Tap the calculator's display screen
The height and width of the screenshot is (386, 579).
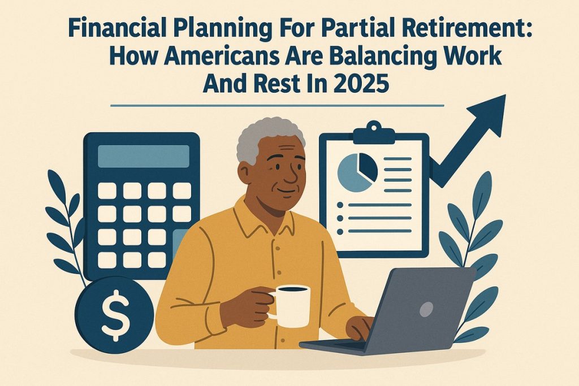[143, 156]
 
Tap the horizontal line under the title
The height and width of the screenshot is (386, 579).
[277, 105]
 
